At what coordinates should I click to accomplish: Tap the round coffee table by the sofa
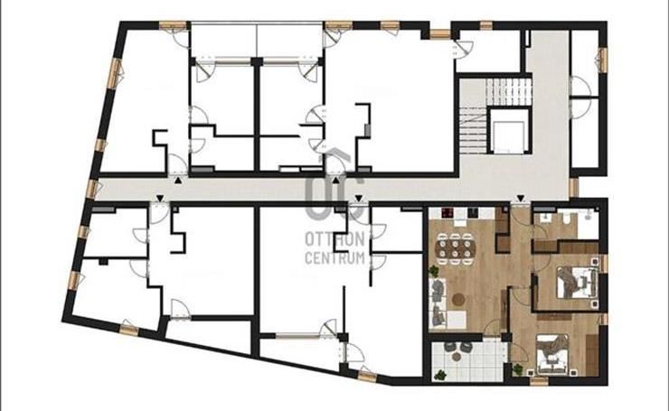(459, 300)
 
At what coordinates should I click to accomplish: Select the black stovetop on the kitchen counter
(447, 213)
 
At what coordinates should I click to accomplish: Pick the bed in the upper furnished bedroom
(576, 282)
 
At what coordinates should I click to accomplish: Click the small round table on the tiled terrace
(457, 356)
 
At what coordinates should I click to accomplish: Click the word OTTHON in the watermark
(334, 239)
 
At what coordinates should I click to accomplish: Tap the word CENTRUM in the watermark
(334, 258)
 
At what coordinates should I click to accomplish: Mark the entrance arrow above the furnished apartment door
(520, 199)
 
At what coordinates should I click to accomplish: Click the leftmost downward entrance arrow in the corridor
(160, 199)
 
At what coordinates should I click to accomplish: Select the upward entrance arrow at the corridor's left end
(177, 181)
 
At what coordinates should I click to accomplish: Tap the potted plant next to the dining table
(434, 271)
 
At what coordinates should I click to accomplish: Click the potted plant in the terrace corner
(439, 375)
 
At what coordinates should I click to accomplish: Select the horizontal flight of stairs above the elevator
(509, 91)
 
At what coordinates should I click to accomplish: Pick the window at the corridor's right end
(573, 188)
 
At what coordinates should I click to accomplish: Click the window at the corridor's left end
(92, 189)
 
